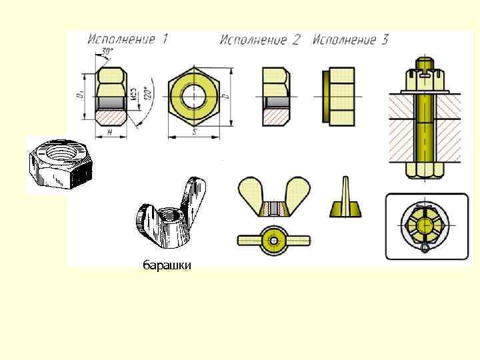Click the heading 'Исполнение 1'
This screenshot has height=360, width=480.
(x=127, y=39)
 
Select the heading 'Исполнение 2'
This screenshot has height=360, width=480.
(x=260, y=40)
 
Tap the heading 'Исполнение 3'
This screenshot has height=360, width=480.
(x=350, y=40)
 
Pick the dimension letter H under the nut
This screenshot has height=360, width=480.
(x=109, y=132)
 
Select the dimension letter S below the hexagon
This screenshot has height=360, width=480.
(x=195, y=133)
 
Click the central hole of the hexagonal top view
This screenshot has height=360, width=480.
(x=195, y=94)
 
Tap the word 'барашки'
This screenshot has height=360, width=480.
(x=167, y=266)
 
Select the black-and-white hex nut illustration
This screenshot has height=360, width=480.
(x=59, y=163)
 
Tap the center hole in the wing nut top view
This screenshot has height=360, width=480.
(x=273, y=239)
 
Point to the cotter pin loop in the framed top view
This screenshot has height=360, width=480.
(x=425, y=249)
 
